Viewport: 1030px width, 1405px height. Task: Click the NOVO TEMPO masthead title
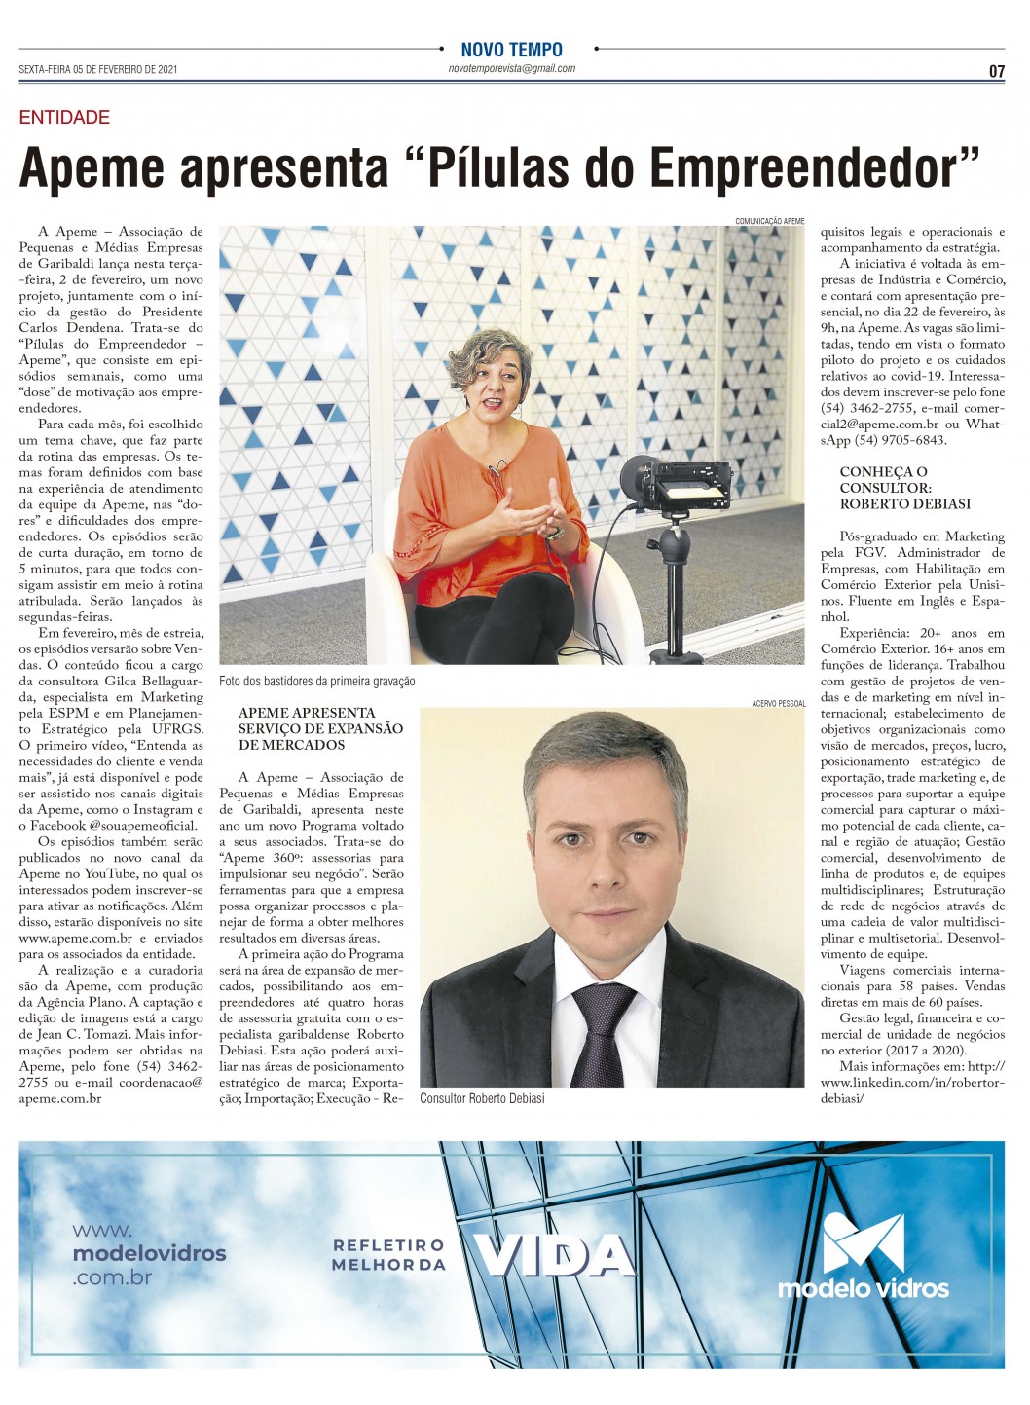click(511, 49)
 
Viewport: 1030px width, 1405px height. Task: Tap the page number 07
click(996, 71)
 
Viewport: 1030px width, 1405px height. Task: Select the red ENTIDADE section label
click(64, 118)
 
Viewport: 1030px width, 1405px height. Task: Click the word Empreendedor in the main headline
click(814, 167)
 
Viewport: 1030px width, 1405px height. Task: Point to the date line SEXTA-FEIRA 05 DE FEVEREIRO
click(97, 70)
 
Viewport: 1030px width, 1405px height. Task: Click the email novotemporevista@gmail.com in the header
click(511, 69)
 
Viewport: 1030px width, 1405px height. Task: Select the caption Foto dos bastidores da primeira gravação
click(317, 681)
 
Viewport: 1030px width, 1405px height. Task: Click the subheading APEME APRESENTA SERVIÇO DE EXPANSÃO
click(320, 728)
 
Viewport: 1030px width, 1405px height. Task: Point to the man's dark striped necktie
click(603, 1032)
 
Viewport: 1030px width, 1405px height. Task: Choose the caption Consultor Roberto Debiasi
click(482, 1098)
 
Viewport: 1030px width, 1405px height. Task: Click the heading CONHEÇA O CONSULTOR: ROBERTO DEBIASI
click(904, 488)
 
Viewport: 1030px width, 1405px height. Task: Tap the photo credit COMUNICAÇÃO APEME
click(769, 221)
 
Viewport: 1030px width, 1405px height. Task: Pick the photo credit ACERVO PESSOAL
click(778, 703)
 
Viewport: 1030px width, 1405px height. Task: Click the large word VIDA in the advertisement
click(554, 1256)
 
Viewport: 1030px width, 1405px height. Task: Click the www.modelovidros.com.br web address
click(149, 1254)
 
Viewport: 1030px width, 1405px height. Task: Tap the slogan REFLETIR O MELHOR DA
click(388, 1255)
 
